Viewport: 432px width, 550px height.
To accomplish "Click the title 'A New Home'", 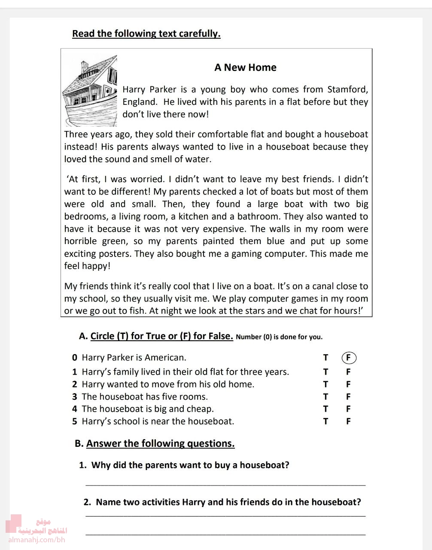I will click(x=245, y=67).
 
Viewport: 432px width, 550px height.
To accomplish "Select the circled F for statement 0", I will click(x=349, y=357).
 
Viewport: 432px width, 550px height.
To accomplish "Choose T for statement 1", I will click(x=326, y=372).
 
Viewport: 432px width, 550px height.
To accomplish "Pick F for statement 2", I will click(x=348, y=384).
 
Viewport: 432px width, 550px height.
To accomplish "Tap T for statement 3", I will click(x=326, y=397).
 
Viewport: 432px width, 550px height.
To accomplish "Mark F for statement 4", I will click(x=348, y=409).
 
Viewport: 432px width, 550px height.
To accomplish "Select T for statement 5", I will click(x=326, y=422).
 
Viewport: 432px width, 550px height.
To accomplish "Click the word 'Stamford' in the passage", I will click(x=347, y=90).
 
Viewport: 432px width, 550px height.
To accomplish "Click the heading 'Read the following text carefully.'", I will click(x=146, y=34).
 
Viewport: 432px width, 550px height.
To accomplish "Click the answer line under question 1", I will click(x=225, y=484).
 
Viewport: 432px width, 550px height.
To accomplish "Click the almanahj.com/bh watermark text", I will click(x=37, y=540).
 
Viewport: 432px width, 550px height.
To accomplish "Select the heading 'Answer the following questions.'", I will click(x=160, y=443).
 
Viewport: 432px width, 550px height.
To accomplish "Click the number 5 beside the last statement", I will click(x=75, y=422).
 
